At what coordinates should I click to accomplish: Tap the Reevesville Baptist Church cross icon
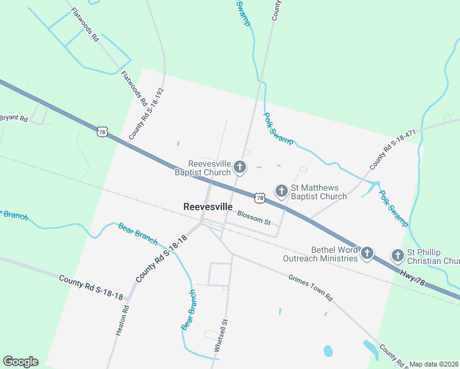click(x=240, y=167)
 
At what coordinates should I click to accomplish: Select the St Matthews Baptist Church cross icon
click(x=282, y=191)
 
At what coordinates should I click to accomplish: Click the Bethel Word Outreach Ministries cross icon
click(x=367, y=252)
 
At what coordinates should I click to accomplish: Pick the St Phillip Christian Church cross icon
click(x=397, y=255)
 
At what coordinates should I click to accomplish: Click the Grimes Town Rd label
click(x=311, y=287)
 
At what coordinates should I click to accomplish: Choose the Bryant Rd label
click(x=14, y=117)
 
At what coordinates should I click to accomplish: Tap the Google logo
click(x=20, y=362)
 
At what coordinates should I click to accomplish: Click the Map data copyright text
click(x=434, y=364)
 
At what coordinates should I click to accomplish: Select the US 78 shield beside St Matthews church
click(x=260, y=198)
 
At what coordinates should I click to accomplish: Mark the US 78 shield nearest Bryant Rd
click(x=101, y=131)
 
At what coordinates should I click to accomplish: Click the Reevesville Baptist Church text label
click(x=209, y=168)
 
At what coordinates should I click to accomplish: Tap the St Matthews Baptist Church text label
click(x=319, y=192)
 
